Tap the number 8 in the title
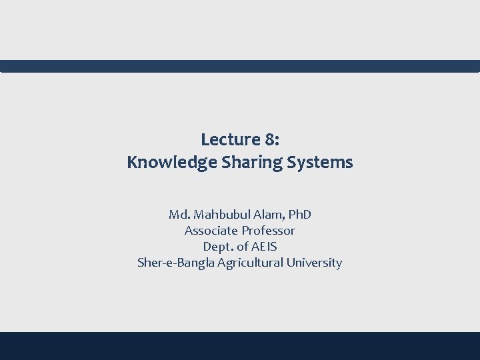[271, 139]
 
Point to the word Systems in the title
[323, 162]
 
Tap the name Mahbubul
[217, 215]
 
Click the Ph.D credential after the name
[297, 215]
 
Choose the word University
[314, 263]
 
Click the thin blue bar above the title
[240, 66]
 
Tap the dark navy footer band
[240, 346]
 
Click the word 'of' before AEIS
[240, 247]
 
